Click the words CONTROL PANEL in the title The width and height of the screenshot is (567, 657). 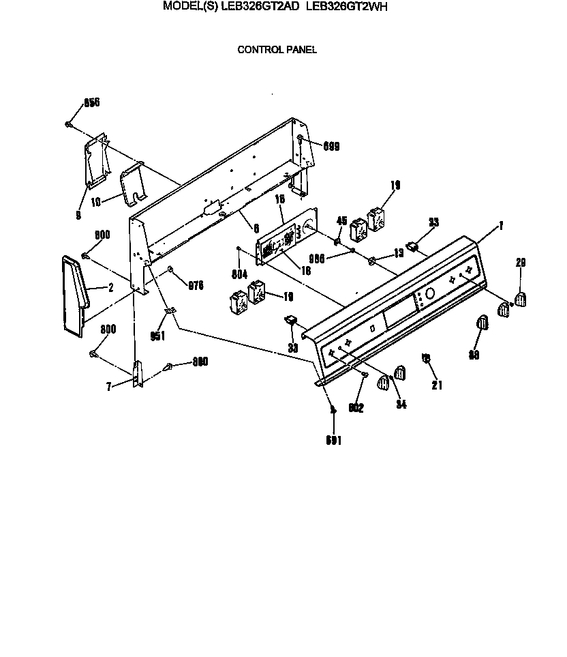pos(277,49)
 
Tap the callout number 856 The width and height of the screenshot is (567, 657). pos(91,102)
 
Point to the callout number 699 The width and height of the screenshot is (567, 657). pos(331,146)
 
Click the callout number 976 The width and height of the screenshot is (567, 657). pos(196,286)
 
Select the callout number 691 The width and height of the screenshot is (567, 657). pos(334,441)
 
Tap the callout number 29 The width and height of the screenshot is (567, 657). pos(521,263)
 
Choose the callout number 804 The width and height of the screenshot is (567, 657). pos(239,275)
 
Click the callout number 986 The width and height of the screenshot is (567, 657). pos(317,258)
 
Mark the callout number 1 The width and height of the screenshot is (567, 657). pos(501,225)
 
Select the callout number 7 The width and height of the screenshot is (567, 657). pos(108,387)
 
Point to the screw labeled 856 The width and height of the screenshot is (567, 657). pos(69,124)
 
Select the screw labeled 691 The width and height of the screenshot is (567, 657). pos(332,409)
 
